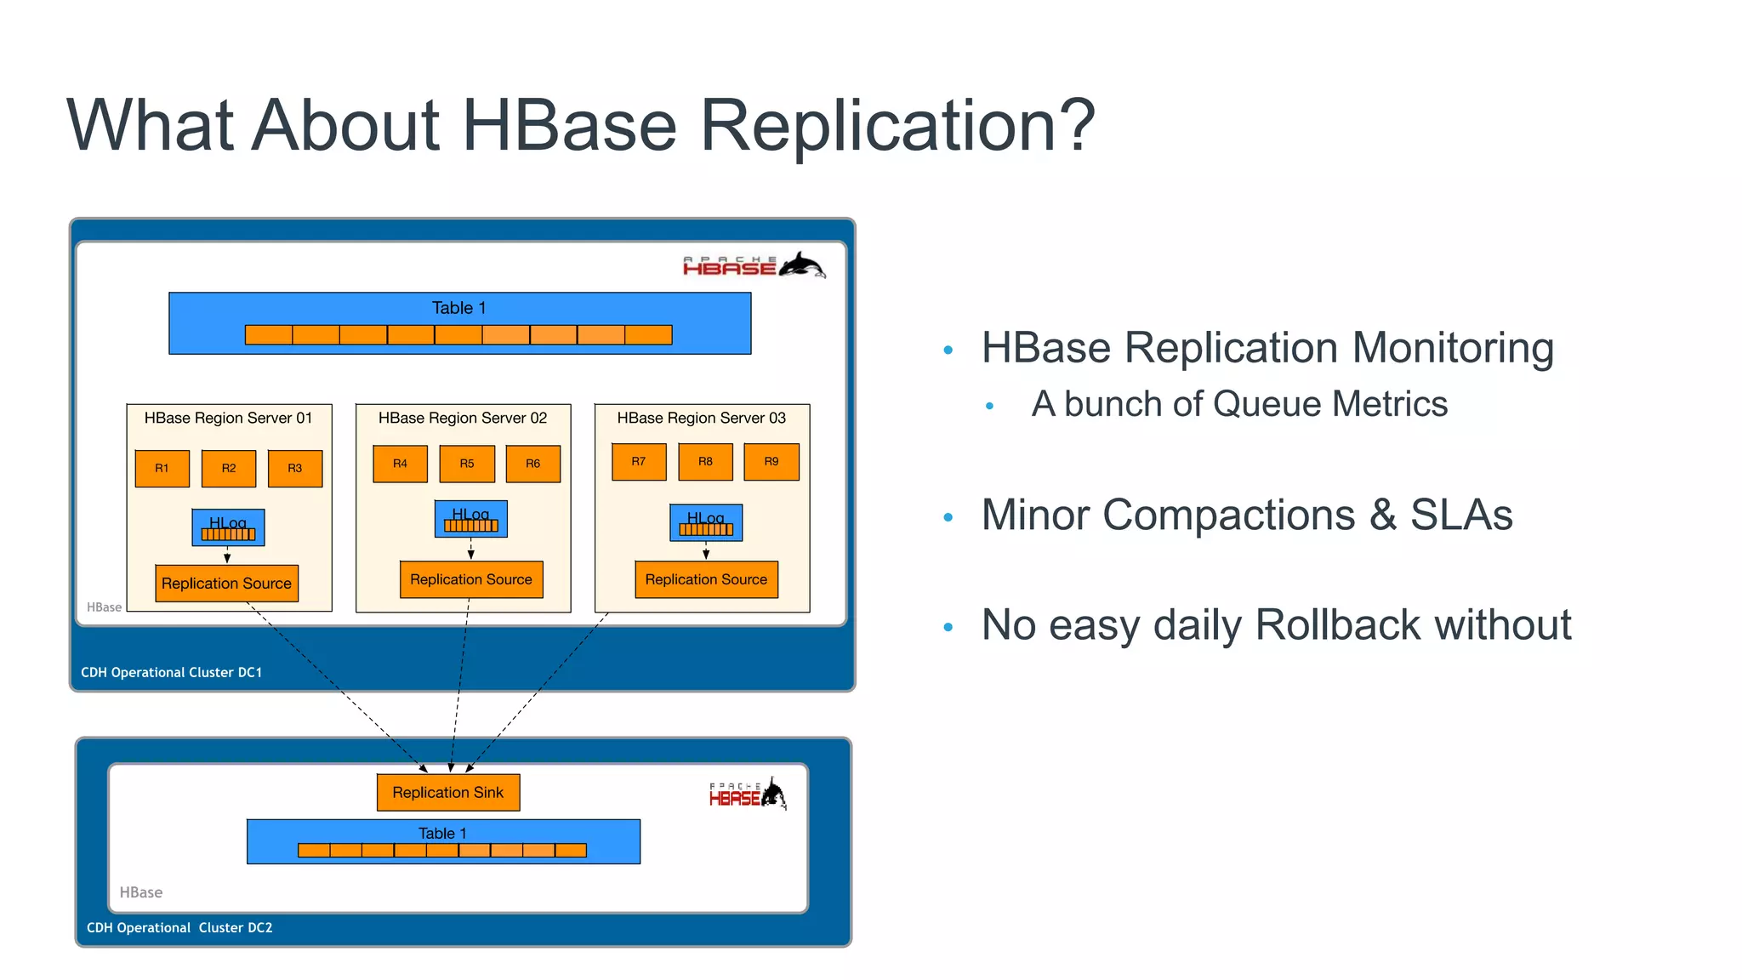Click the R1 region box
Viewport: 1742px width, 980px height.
(x=162, y=468)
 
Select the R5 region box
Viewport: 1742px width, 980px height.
(x=467, y=464)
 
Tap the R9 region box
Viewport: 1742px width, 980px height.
(x=771, y=462)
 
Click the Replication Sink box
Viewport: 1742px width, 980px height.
(x=448, y=792)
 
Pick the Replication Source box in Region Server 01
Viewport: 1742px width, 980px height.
(x=226, y=584)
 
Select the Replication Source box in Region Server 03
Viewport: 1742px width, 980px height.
(x=706, y=579)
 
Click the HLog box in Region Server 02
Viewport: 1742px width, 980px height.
(x=470, y=519)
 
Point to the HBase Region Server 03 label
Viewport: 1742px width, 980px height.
(x=701, y=418)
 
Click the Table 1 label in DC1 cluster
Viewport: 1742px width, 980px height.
(x=458, y=308)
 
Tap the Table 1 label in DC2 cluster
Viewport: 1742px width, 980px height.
(x=442, y=833)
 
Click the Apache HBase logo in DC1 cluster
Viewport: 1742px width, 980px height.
(x=754, y=265)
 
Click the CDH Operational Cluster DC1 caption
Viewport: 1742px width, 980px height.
(x=171, y=672)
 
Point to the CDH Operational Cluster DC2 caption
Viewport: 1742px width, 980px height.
(x=179, y=927)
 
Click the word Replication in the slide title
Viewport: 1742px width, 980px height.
(x=897, y=126)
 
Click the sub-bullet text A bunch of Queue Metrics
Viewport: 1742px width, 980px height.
(x=1238, y=404)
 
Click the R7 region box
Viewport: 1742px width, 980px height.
(x=638, y=462)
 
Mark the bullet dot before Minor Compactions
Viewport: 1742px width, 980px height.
(x=948, y=517)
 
